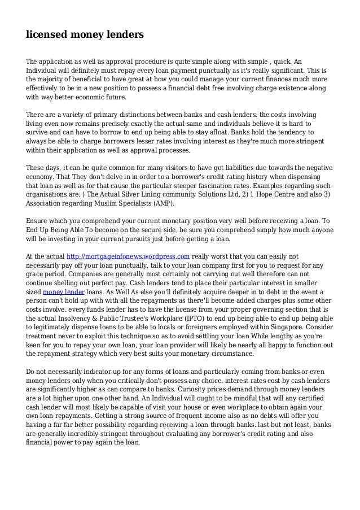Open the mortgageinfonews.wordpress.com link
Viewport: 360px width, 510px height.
pos(128,256)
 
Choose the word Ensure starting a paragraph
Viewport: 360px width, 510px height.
pos(38,221)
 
